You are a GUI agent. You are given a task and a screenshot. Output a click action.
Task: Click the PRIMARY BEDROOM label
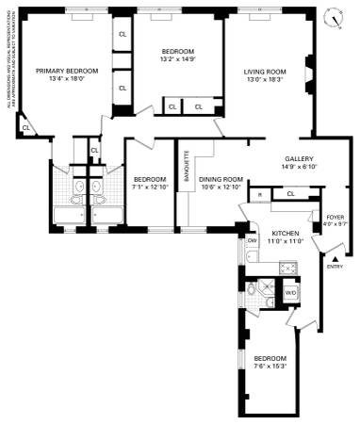(67, 71)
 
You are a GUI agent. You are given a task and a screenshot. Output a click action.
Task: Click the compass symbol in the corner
(332, 18)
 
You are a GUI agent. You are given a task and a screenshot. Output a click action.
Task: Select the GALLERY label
(299, 158)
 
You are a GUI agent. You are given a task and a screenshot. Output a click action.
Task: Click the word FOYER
(335, 216)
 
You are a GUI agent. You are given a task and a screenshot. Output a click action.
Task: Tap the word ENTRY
(335, 267)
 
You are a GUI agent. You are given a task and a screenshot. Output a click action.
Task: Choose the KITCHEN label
(285, 233)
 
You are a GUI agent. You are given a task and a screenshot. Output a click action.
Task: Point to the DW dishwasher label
(253, 241)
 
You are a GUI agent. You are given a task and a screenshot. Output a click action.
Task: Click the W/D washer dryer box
(290, 292)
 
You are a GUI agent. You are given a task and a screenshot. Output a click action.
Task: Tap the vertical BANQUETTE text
(187, 166)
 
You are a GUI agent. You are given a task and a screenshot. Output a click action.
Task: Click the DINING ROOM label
(222, 178)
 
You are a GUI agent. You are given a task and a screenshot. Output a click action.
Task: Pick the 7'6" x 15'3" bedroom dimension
(270, 367)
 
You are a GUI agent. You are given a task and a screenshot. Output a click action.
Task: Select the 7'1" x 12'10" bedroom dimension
(149, 187)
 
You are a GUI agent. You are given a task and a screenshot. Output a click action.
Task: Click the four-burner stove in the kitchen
(290, 268)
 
